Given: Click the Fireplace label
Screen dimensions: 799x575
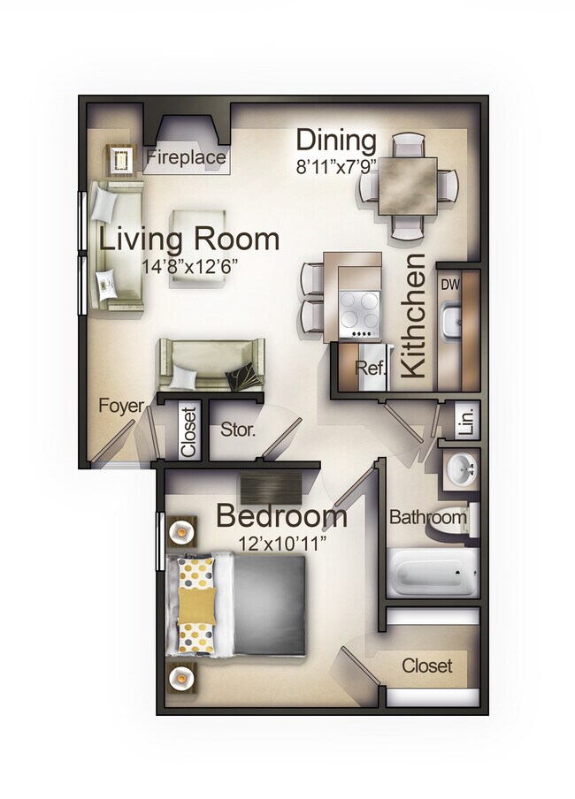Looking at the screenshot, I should coord(185,160).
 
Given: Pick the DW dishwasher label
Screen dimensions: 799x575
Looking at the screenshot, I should coord(450,285).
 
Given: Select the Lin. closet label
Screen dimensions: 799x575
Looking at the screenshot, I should coord(467,420).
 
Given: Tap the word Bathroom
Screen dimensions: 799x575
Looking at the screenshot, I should coord(427,517).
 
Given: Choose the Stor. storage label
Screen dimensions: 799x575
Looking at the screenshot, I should coord(238,431).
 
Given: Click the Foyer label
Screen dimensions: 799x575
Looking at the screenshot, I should coord(120,406).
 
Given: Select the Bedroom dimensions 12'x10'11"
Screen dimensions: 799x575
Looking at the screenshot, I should coord(282,542).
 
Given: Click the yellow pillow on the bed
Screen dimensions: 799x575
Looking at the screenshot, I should coord(197,605).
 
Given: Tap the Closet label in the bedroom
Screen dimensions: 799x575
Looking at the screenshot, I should coord(426,666).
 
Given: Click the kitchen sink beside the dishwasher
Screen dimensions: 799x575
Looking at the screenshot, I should coord(450,319).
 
